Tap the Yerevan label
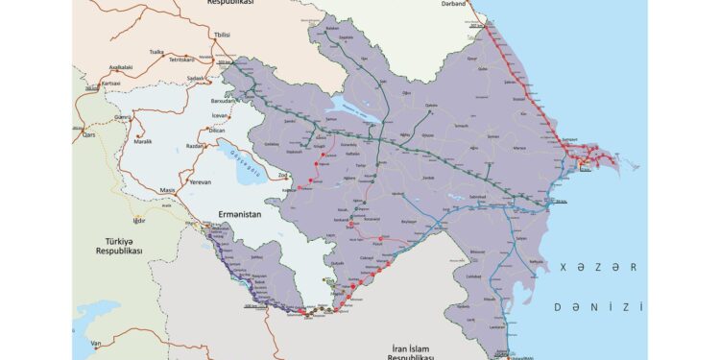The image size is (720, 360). [199, 181]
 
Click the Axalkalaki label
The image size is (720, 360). [121, 67]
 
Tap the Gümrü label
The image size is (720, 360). [123, 116]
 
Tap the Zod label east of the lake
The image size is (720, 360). [283, 176]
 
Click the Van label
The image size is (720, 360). [96, 343]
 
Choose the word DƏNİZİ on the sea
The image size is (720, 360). [597, 307]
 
